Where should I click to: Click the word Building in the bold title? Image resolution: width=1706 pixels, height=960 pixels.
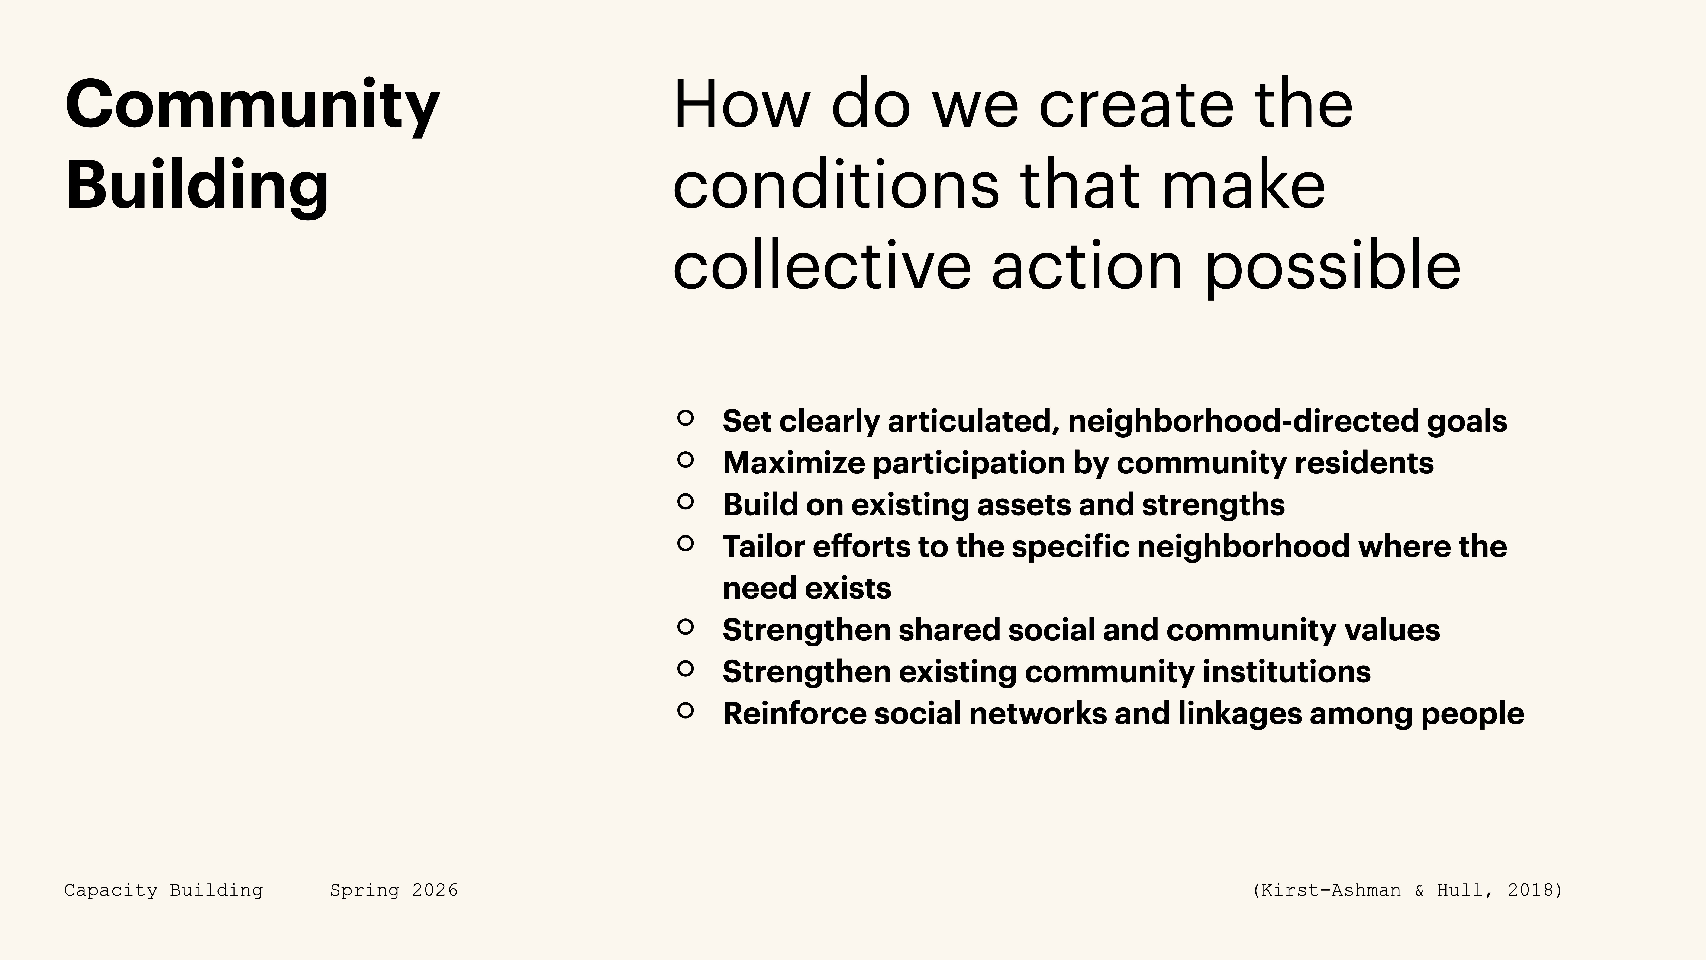pos(197,186)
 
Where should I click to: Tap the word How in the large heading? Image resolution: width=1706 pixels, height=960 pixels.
pos(740,105)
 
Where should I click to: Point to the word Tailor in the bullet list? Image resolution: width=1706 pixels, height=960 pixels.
pos(763,547)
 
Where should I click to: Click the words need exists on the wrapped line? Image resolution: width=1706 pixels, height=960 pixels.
pos(807,588)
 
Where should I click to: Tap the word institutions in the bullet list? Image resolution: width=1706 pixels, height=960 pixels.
pos(1286,672)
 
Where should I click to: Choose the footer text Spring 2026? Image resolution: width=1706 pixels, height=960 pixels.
pos(394,890)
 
